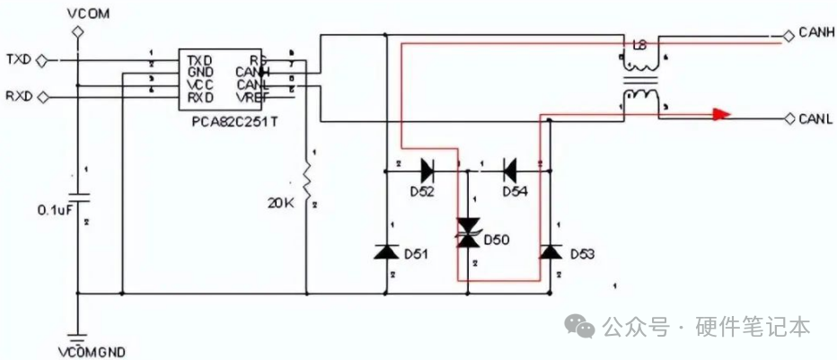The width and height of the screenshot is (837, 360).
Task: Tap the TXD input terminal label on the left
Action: click(19, 59)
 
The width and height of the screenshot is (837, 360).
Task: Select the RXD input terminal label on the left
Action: click(19, 96)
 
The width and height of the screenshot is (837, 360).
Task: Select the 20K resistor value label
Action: click(281, 203)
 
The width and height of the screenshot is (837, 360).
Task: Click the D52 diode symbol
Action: click(427, 167)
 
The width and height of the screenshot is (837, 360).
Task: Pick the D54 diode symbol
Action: click(509, 167)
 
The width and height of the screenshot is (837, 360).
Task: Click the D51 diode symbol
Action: click(387, 252)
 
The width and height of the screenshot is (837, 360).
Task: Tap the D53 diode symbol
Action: click(550, 252)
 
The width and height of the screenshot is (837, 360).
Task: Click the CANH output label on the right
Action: click(815, 33)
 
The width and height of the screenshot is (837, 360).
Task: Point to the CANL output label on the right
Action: click(815, 118)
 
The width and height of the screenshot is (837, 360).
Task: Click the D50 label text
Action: click(497, 241)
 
